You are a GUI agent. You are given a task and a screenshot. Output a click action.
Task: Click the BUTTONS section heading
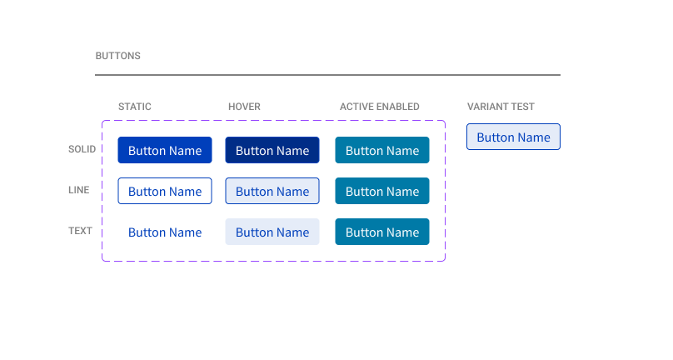(x=117, y=57)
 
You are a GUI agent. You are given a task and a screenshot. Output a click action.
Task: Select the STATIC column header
(x=135, y=107)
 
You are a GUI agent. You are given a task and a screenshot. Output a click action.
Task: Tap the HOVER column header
(x=244, y=107)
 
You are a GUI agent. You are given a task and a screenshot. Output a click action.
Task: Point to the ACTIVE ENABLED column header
(x=379, y=107)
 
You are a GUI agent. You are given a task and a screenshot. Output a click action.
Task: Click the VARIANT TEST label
(x=501, y=107)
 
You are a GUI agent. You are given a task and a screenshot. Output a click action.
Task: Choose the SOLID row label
(x=82, y=150)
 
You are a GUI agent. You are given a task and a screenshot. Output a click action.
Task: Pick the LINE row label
(x=78, y=190)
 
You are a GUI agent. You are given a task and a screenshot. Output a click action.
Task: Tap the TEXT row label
(x=80, y=231)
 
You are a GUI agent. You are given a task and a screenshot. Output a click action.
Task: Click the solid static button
(x=165, y=150)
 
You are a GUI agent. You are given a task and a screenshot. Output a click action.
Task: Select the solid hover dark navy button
(x=272, y=150)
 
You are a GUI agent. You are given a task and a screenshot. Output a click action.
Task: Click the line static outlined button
(x=165, y=191)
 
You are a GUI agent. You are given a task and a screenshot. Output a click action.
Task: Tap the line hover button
(x=272, y=191)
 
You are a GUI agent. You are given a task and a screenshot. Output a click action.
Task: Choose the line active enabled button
(x=382, y=191)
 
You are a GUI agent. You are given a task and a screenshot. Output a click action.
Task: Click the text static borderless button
(x=165, y=232)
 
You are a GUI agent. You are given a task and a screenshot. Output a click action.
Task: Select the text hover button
(x=272, y=232)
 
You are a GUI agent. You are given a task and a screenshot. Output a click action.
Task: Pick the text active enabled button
(x=382, y=232)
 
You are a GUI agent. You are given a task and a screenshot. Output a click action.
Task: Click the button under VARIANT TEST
(x=513, y=137)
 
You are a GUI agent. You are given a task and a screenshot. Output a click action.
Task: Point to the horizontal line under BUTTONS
(x=327, y=75)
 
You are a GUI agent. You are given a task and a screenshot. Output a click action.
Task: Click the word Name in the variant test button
(x=533, y=137)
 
